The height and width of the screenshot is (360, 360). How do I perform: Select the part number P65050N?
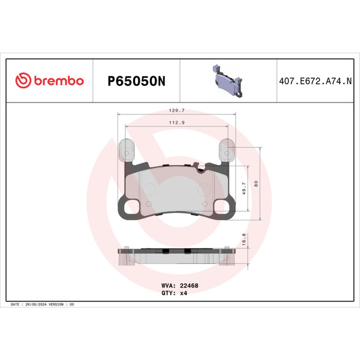tap(135, 81)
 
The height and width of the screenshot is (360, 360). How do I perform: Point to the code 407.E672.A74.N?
tap(315, 81)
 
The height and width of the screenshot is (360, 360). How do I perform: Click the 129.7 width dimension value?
tap(176, 111)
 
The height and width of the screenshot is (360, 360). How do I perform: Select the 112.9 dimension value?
tap(176, 122)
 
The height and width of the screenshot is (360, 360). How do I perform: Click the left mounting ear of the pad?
tap(127, 150)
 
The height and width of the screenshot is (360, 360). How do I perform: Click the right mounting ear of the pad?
tap(228, 150)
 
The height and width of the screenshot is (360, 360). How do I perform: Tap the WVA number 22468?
tap(189, 286)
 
